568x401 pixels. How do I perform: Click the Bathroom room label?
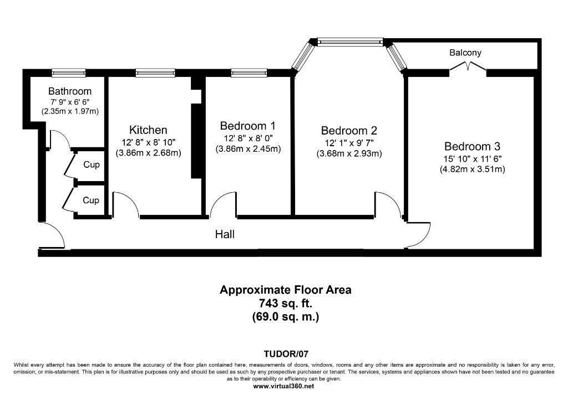(70, 91)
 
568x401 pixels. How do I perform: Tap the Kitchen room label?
(148, 130)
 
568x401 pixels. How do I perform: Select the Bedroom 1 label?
(248, 126)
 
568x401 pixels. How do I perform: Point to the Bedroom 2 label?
(349, 130)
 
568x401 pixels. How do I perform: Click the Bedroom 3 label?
(473, 146)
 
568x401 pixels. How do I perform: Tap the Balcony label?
(465, 53)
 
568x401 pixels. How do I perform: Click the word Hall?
(225, 234)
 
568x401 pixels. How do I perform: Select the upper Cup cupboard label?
(92, 165)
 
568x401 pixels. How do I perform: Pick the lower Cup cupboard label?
(91, 200)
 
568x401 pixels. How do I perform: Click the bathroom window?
(69, 73)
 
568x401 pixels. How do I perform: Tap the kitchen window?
(155, 73)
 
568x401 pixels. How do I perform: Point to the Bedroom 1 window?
(249, 73)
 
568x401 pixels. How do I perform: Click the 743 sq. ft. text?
(286, 303)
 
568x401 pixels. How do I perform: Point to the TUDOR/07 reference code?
(286, 354)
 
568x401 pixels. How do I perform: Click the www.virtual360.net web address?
(283, 386)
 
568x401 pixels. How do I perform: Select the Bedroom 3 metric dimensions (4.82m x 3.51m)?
(473, 169)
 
